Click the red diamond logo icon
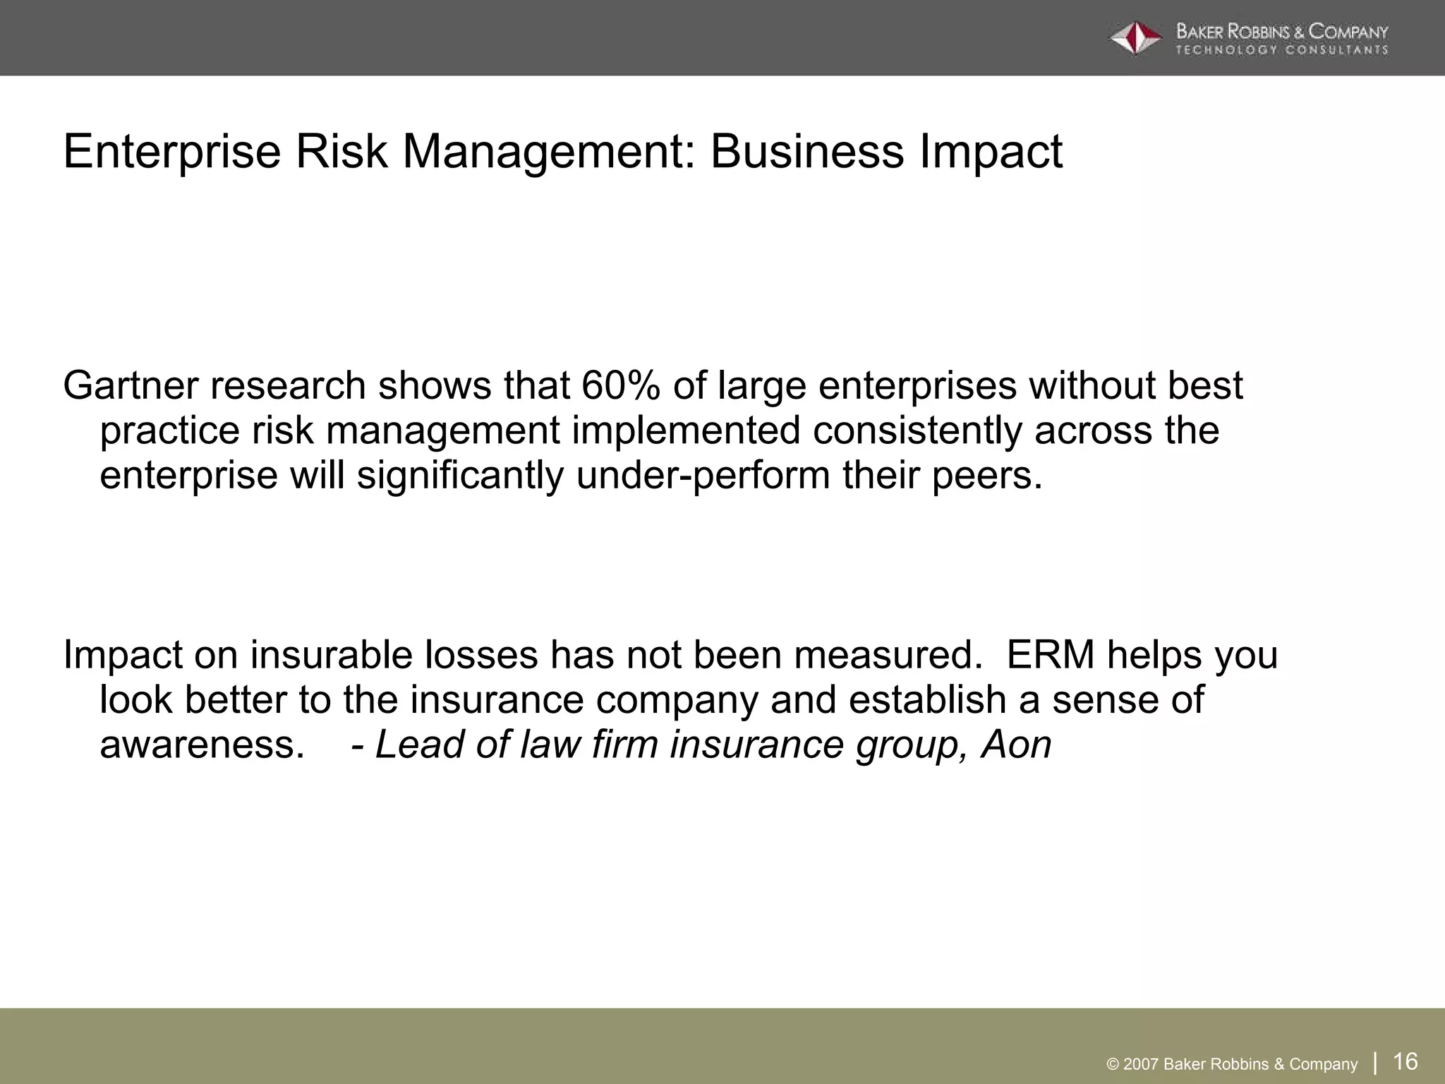click(x=1135, y=38)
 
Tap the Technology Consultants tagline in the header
click(x=1281, y=50)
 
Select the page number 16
click(x=1405, y=1061)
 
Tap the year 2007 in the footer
click(x=1141, y=1064)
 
